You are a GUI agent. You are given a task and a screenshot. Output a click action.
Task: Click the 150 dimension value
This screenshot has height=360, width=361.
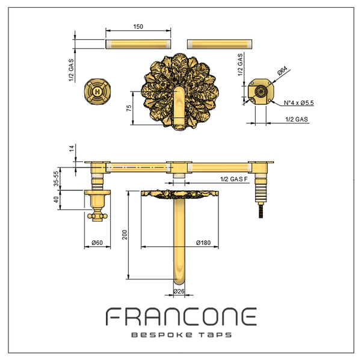pyautogui.click(x=138, y=26)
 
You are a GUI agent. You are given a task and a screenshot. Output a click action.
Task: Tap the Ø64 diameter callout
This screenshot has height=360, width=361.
pyautogui.click(x=283, y=70)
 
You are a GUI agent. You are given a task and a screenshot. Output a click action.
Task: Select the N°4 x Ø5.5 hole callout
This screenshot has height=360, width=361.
pyautogui.click(x=298, y=103)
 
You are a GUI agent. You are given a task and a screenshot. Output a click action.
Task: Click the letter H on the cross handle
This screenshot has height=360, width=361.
pyautogui.click(x=97, y=92)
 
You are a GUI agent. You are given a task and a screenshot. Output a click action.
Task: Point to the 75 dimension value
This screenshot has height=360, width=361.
pyautogui.click(x=129, y=108)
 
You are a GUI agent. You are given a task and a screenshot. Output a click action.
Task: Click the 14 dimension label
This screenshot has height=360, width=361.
pyautogui.click(x=72, y=148)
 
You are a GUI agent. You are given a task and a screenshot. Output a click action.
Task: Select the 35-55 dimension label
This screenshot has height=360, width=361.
pyautogui.click(x=56, y=179)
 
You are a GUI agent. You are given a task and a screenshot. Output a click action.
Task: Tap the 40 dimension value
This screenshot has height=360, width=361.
pyautogui.click(x=56, y=199)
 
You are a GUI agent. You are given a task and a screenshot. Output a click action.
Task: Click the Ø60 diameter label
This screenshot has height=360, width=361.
pyautogui.click(x=97, y=243)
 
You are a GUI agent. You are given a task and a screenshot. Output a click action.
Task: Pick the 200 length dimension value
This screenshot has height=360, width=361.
pyautogui.click(x=125, y=235)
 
